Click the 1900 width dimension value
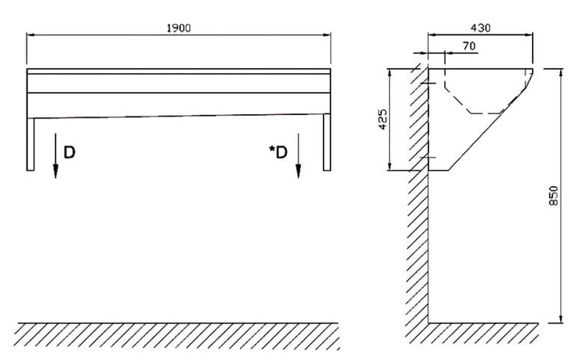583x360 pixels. [179, 28]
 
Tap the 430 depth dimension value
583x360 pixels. [481, 28]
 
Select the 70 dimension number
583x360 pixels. [469, 46]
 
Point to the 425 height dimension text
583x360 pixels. [383, 120]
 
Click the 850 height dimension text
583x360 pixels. [554, 196]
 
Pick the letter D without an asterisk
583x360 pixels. [70, 152]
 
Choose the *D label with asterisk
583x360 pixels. [278, 152]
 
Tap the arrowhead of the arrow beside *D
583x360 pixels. [297, 171]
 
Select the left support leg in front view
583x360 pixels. [31, 144]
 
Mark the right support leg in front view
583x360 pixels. [327, 142]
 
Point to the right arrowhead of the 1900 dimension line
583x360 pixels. [326, 35]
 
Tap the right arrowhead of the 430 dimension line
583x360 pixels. [528, 35]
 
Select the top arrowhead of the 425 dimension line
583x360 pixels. [390, 73]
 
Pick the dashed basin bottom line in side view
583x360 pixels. [487, 113]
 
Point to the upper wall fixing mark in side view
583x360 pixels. [428, 83]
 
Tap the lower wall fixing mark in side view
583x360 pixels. [428, 157]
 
